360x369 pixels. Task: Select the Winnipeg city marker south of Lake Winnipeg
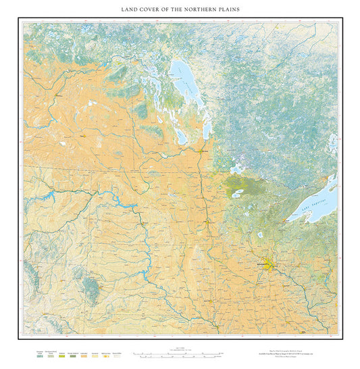coord(202,151)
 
